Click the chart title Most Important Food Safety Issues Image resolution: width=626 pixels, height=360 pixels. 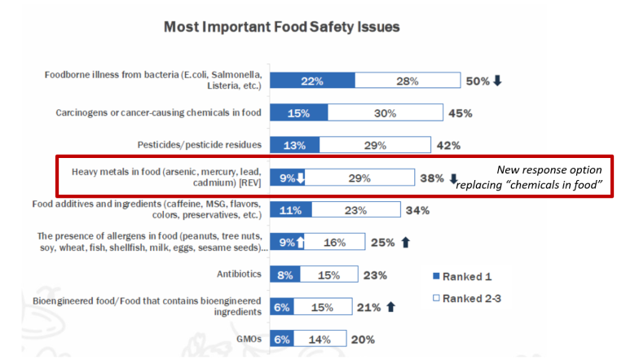point(281,27)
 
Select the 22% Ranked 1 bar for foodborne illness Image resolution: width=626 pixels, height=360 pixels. point(312,81)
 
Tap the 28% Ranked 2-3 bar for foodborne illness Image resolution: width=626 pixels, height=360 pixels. point(407,81)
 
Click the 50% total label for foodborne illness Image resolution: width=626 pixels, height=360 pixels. point(477,81)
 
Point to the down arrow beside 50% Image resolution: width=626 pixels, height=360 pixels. point(497,81)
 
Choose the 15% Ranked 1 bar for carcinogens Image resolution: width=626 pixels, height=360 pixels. point(298,113)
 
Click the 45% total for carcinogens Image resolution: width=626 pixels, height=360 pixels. point(460,113)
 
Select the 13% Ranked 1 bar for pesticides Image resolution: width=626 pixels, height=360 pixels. point(293,145)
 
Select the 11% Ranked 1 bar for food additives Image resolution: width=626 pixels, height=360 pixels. point(290,210)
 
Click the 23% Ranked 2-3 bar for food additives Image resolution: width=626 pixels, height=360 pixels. point(355,210)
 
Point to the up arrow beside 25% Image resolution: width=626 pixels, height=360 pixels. point(406,242)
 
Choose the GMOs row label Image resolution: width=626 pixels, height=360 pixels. point(248,339)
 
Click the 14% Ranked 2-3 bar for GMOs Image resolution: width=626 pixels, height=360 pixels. point(319,339)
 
